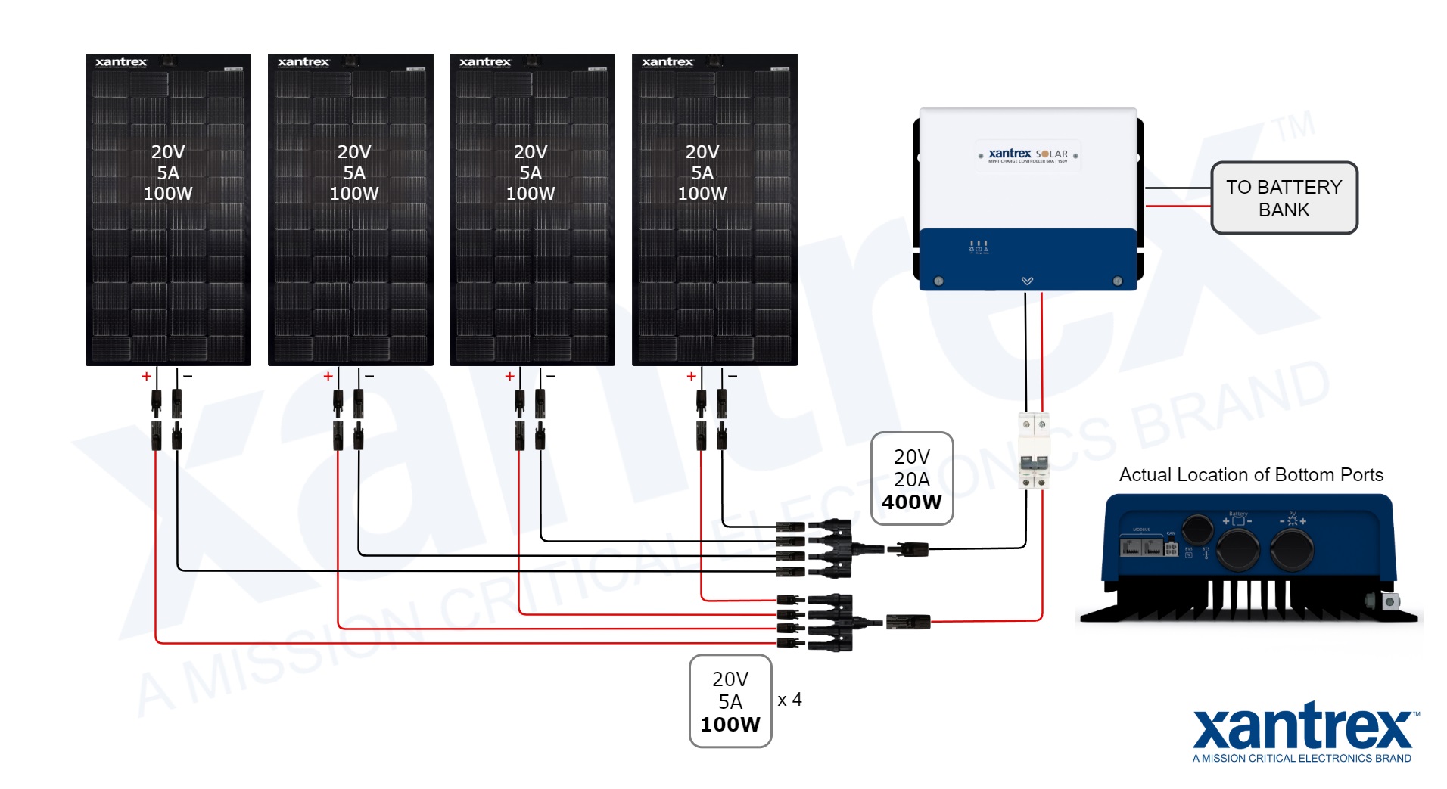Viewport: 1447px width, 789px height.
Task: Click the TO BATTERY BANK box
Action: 1284,197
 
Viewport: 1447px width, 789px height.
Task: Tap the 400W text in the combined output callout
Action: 911,502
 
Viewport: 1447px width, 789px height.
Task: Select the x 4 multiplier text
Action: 789,700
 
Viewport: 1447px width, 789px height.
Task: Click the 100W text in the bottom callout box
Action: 730,724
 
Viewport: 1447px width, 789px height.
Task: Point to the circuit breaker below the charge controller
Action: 1034,451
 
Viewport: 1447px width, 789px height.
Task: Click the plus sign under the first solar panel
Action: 146,376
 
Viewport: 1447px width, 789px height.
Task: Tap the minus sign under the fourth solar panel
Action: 733,376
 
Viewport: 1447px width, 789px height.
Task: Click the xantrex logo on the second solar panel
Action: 303,62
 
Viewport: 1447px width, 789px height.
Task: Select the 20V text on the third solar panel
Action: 530,152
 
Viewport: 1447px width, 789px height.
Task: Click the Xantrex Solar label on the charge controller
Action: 1028,155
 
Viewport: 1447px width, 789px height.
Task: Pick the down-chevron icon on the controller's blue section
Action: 1027,281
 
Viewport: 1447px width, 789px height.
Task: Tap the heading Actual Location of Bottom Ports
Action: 1250,474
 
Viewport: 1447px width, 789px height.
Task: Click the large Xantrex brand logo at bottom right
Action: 1302,728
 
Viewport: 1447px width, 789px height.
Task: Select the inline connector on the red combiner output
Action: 907,622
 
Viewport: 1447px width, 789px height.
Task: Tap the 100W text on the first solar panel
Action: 168,194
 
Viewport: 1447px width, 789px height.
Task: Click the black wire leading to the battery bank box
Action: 1177,188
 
